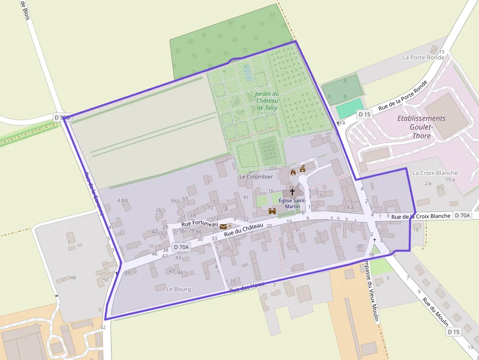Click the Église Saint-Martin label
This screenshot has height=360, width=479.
pos(292,203)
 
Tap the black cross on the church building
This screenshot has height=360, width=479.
pos(292,192)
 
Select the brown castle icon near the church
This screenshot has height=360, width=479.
pos(273,211)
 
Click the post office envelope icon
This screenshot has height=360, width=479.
pos(223,226)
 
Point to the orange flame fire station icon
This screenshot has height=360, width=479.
pos(293,172)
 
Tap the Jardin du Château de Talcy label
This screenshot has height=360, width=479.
pos(267,101)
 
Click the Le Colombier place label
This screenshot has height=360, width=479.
pos(256,176)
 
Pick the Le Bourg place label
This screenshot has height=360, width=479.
pos(178,289)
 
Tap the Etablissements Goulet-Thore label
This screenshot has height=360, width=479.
pos(421,127)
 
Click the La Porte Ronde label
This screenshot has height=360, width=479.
pos(423,57)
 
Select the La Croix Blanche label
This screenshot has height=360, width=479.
pos(435,173)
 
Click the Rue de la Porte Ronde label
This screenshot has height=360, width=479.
pos(403,95)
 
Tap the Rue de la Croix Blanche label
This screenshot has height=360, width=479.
pos(421,216)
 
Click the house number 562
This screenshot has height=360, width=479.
pos(174,200)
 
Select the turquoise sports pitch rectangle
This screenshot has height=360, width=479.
pos(349,108)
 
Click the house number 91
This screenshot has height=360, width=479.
pos(246,197)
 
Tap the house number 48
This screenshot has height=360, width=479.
pos(73,277)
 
